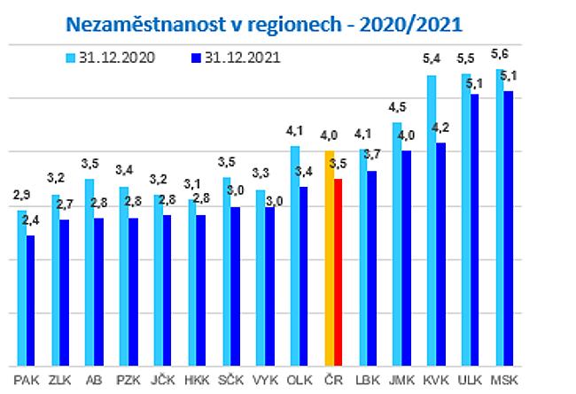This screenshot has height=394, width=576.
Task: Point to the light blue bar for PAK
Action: click(21, 288)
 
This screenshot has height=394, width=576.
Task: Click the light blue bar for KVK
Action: click(432, 220)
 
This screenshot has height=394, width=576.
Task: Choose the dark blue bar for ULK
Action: click(474, 229)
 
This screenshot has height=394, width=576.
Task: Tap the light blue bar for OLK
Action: click(294, 256)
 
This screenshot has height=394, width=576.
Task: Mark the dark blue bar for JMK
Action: click(406, 258)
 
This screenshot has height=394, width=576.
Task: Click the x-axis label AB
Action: click(90, 382)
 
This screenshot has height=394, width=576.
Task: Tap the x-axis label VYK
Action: click(263, 382)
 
